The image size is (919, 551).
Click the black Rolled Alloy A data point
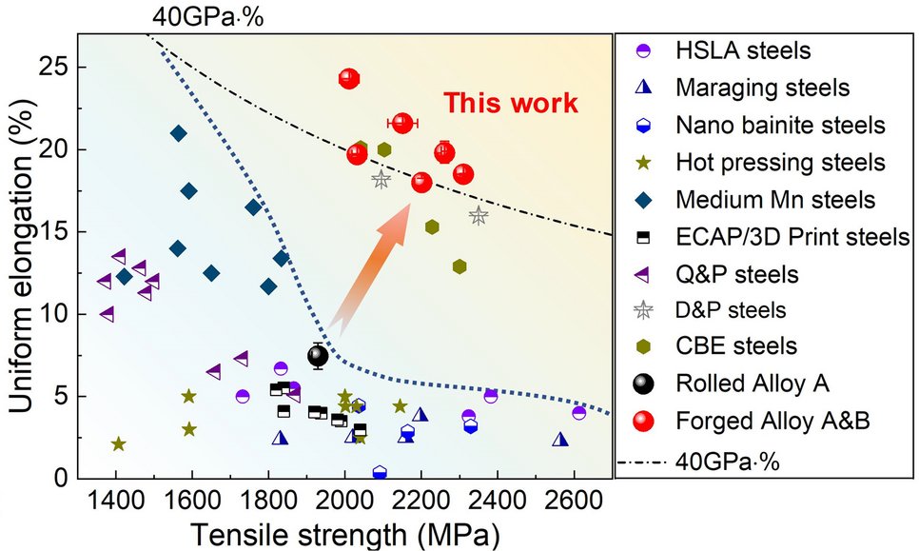318,356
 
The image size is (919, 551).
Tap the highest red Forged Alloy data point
349,78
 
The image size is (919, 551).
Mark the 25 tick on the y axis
55,69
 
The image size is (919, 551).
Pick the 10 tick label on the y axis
55,314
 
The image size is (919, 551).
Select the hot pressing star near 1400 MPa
118,443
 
